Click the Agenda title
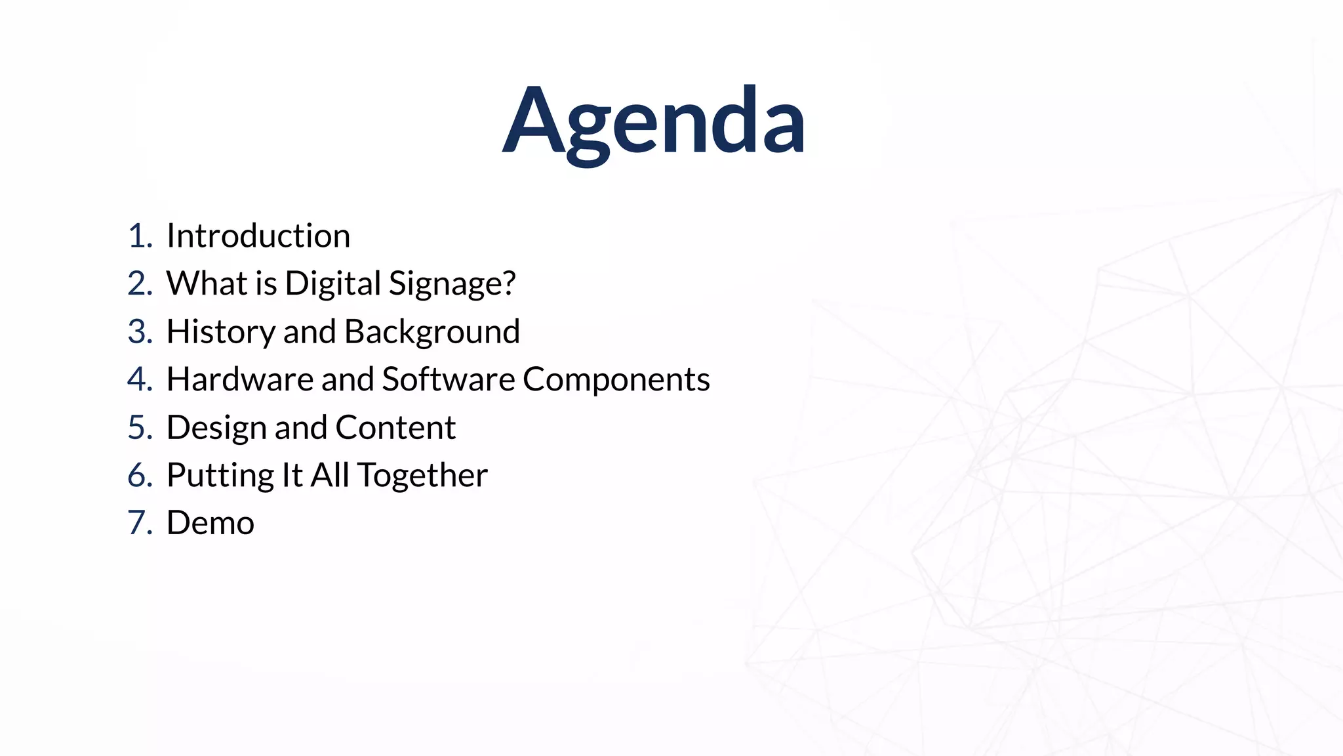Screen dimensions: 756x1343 click(654, 122)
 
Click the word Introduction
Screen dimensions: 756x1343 click(258, 236)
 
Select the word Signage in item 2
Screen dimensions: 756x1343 click(452, 284)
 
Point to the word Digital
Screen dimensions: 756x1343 click(333, 284)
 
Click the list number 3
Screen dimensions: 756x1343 click(139, 331)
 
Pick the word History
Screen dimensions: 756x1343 click(220, 331)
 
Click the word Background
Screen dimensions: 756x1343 click(432, 331)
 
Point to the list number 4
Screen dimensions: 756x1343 click(139, 379)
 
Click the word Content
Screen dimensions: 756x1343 click(395, 427)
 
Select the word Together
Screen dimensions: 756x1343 click(422, 476)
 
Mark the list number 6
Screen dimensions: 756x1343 click(139, 475)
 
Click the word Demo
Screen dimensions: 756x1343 click(210, 523)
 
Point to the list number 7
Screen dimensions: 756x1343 click(139, 523)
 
